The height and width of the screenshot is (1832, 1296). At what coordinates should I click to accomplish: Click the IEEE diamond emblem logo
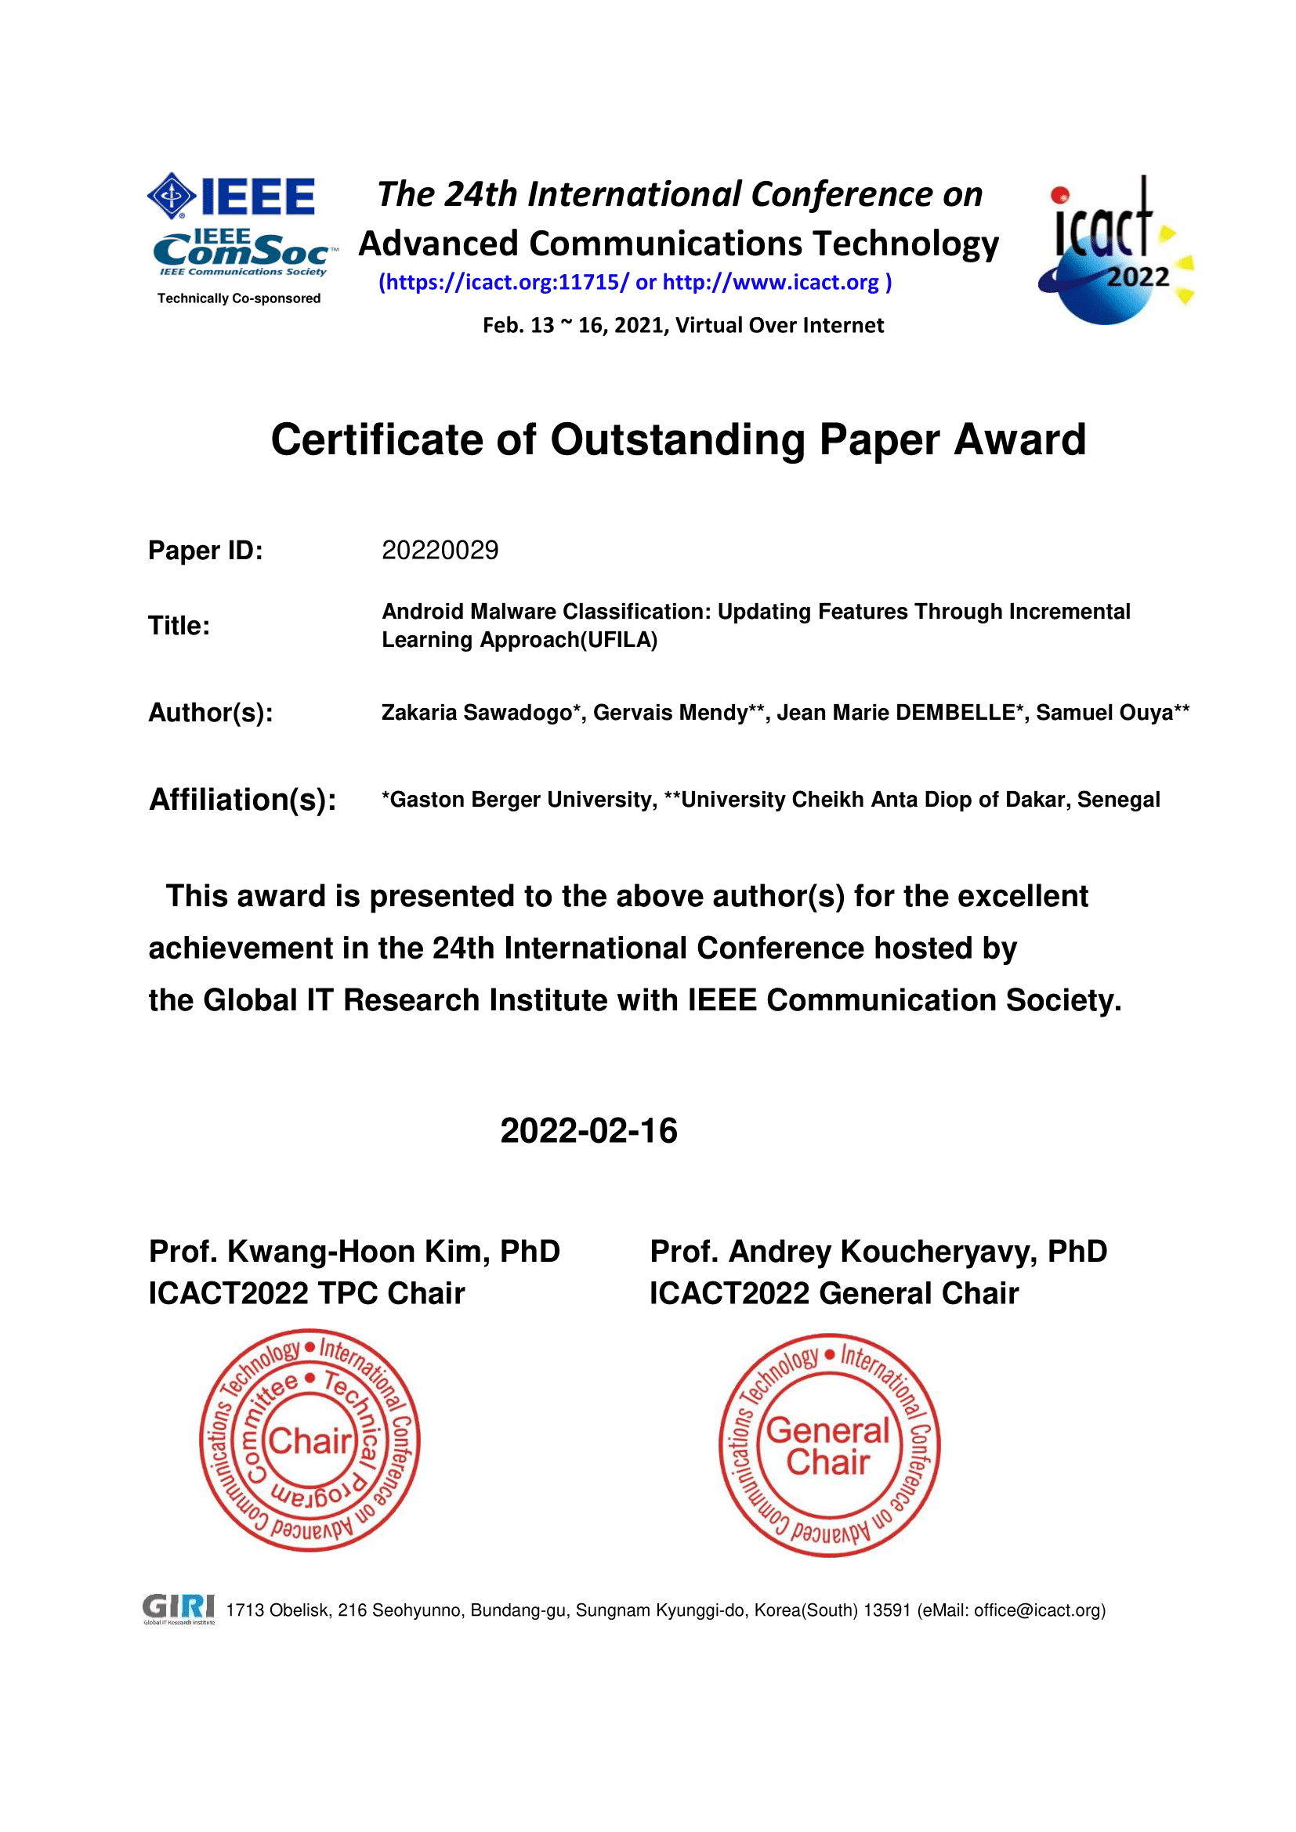172,196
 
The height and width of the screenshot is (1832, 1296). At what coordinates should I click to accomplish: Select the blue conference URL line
635,283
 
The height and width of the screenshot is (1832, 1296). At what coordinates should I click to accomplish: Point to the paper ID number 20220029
440,551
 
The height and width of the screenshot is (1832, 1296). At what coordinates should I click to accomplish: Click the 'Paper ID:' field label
205,551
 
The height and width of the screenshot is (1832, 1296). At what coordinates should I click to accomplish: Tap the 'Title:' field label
179,626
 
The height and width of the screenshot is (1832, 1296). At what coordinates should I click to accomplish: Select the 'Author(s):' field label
211,713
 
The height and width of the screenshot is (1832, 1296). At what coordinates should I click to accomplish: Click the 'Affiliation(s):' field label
243,800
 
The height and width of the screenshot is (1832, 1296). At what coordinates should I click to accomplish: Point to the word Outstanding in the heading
678,439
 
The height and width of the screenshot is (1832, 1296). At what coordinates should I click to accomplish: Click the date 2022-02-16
589,1131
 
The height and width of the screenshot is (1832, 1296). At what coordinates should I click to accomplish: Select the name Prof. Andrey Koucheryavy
844,1252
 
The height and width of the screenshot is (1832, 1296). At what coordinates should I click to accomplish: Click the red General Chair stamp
829,1445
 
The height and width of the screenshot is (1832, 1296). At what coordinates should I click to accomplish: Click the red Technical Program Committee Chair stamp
310,1440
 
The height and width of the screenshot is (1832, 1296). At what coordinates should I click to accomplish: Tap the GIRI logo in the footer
179,1609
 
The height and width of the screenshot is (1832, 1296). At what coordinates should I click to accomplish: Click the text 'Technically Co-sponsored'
239,298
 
